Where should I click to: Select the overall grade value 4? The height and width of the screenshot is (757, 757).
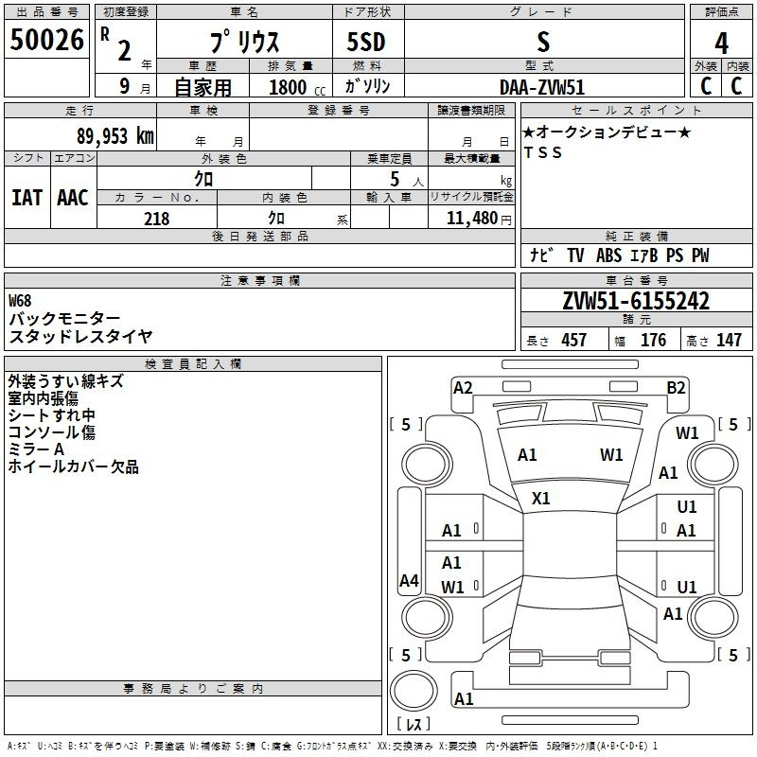pyautogui.click(x=721, y=44)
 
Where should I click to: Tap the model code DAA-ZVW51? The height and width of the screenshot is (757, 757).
pyautogui.click(x=542, y=86)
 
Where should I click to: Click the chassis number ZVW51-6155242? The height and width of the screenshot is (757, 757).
pyautogui.click(x=636, y=301)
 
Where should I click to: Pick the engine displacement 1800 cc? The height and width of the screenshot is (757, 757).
pyautogui.click(x=288, y=87)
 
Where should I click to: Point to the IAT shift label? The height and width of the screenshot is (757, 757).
pyautogui.click(x=26, y=197)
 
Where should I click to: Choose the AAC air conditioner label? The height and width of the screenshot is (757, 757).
pyautogui.click(x=72, y=197)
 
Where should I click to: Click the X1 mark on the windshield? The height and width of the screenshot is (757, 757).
pyautogui.click(x=541, y=498)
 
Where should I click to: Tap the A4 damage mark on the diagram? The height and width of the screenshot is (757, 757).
pyautogui.click(x=409, y=581)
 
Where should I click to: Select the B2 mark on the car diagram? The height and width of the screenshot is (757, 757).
pyautogui.click(x=676, y=387)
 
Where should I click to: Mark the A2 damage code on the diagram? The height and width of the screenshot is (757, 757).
pyautogui.click(x=463, y=387)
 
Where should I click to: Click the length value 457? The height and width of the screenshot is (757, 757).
pyautogui.click(x=573, y=341)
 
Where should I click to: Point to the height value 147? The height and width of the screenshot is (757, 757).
pyautogui.click(x=729, y=341)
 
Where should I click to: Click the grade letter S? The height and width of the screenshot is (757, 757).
pyautogui.click(x=542, y=42)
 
